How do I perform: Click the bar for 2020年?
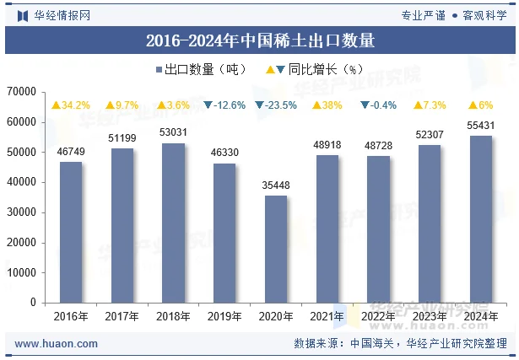[x=276, y=249]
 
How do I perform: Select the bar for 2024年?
[x=480, y=218]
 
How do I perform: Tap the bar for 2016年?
[x=71, y=232]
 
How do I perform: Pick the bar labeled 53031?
[x=173, y=223]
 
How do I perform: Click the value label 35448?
[x=276, y=185]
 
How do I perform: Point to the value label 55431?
[x=480, y=125]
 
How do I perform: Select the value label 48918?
[x=327, y=145]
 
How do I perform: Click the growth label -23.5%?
[x=276, y=105]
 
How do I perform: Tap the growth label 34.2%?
[x=71, y=105]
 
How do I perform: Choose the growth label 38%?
[x=327, y=105]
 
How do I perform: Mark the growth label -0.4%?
[x=378, y=105]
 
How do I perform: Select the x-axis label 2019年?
[x=224, y=316]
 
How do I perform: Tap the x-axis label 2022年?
[x=378, y=316]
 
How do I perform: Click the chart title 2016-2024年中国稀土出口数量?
[x=260, y=40]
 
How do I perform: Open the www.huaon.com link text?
[x=57, y=344]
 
